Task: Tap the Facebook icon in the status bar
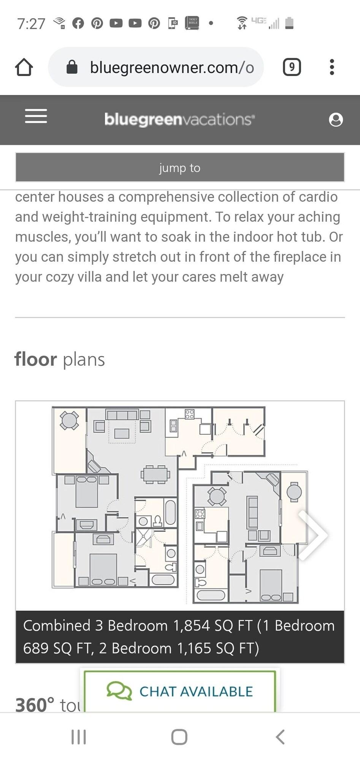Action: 78,23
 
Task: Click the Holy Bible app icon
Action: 192,23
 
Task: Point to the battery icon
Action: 289,23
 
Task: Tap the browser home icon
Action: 24,67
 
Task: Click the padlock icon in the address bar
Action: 72,67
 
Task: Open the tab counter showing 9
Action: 292,67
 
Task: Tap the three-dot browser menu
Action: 332,67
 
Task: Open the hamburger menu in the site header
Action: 36,116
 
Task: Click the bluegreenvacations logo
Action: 179,119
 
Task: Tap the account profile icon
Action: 336,120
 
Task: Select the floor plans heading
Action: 60,359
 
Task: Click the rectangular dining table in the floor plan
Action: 155,474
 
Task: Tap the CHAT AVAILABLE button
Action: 180,691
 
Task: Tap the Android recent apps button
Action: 79,737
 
